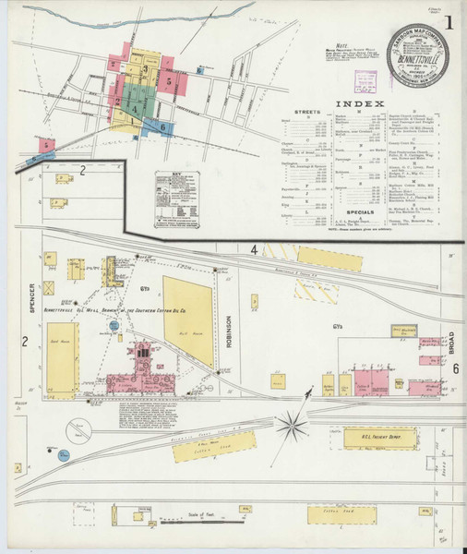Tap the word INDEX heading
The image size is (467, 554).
coord(356,103)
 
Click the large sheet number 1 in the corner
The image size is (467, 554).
coord(449,20)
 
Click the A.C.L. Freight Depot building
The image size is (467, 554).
coord(377,440)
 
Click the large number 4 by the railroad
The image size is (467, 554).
coord(253,249)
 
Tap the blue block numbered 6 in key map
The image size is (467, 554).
coord(162,126)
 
